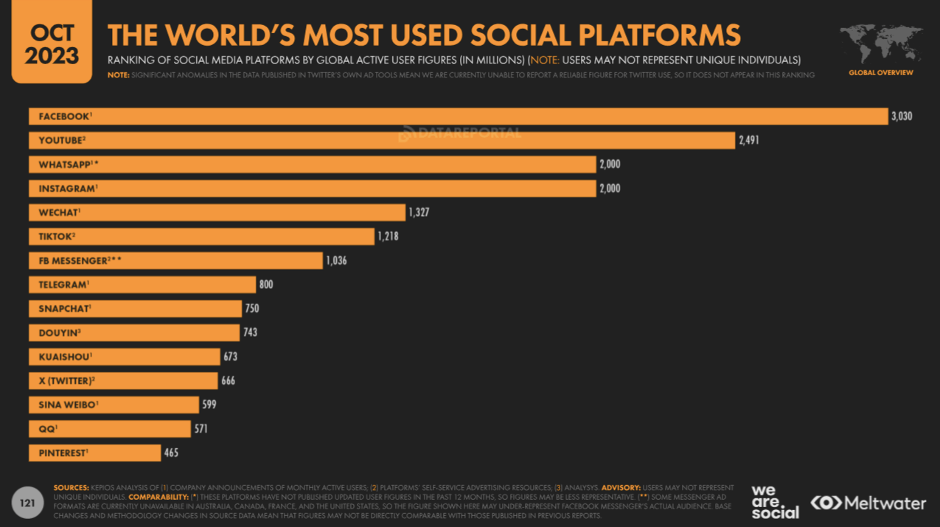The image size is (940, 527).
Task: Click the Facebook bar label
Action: (64, 116)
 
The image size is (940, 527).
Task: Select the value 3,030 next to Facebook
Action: (901, 116)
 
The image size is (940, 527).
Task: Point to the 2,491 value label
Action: (748, 141)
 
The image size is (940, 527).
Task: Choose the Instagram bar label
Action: (67, 189)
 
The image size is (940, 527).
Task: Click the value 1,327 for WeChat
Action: (419, 212)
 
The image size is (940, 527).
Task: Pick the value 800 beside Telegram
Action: (265, 285)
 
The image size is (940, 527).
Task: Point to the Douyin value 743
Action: (250, 332)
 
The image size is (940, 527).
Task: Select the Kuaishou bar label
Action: (64, 357)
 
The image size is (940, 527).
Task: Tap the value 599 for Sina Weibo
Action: (209, 405)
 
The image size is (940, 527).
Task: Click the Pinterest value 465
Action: (171, 453)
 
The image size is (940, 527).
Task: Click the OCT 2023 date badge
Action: (51, 42)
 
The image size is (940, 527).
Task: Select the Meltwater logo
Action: (868, 503)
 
